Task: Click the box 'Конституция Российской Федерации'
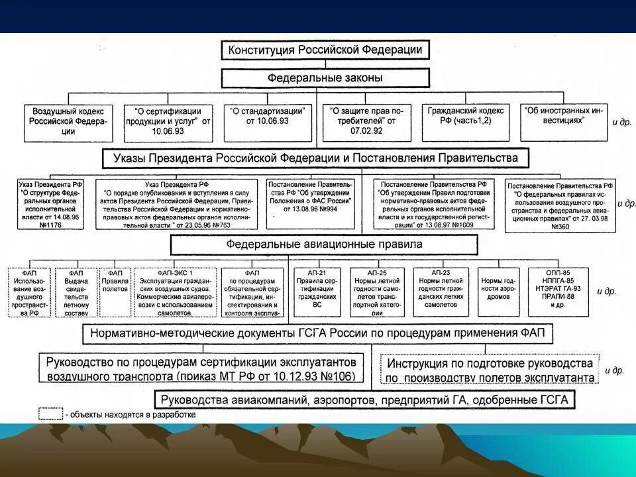pyautogui.click(x=325, y=50)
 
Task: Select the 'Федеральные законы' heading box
pyautogui.click(x=325, y=78)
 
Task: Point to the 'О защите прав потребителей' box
pyautogui.click(x=367, y=122)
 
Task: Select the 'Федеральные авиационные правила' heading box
pyautogui.click(x=324, y=244)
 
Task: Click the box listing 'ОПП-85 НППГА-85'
pyautogui.click(x=554, y=291)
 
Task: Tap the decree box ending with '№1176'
pyautogui.click(x=52, y=205)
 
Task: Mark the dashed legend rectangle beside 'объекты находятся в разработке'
pyautogui.click(x=51, y=413)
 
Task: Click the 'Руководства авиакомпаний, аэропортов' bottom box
pyautogui.click(x=365, y=400)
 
